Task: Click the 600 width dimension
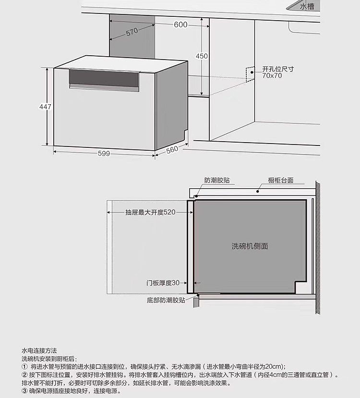tap(180, 25)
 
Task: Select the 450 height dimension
tap(202, 56)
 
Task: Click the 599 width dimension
tap(104, 154)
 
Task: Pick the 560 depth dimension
tap(172, 150)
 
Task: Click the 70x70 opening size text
tap(272, 76)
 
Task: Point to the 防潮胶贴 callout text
tap(216, 181)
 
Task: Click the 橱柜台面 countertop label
tap(280, 181)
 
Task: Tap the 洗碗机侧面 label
tap(250, 246)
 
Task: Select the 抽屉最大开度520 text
tap(150, 212)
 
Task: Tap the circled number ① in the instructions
tap(24, 367)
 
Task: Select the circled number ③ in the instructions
tap(24, 391)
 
